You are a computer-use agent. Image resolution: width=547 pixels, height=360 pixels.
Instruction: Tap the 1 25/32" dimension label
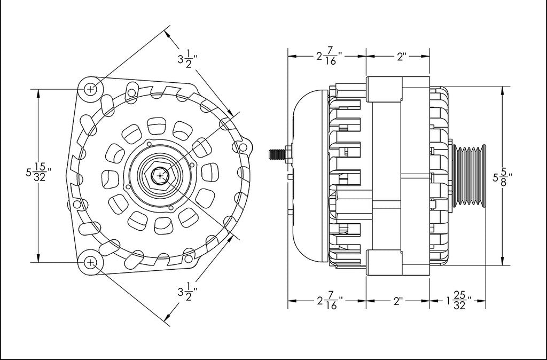click(459, 300)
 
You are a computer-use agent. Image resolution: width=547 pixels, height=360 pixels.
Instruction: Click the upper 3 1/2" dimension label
click(187, 59)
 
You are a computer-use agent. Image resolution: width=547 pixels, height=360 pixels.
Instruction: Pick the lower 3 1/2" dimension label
click(187, 292)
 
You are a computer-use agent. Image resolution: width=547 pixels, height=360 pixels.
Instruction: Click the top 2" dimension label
click(402, 57)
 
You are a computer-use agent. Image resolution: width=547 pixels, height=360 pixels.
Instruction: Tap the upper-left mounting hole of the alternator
click(91, 89)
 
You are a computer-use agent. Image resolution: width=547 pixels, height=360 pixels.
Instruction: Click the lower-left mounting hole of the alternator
click(91, 262)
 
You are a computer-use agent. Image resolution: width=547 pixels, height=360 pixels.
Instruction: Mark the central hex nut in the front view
click(160, 176)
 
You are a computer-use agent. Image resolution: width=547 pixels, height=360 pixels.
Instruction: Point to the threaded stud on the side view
click(277, 154)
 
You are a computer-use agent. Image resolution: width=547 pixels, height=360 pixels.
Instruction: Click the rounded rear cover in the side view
click(310, 176)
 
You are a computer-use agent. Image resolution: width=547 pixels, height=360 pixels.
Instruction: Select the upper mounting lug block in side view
click(384, 90)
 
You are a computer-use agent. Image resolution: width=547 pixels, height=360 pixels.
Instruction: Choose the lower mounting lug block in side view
click(384, 263)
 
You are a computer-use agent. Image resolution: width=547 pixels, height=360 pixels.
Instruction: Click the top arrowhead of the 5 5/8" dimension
click(502, 90)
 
